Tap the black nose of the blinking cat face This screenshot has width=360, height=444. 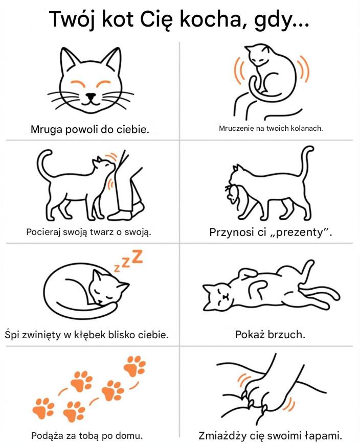pos(91,96)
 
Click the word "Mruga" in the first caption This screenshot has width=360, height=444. pos(47,130)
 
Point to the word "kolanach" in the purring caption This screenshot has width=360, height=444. pos(307,128)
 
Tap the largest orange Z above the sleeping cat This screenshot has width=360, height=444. pos(137,256)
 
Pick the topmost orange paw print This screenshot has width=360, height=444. pos(135,365)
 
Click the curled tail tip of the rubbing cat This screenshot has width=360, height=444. pos(48,153)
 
